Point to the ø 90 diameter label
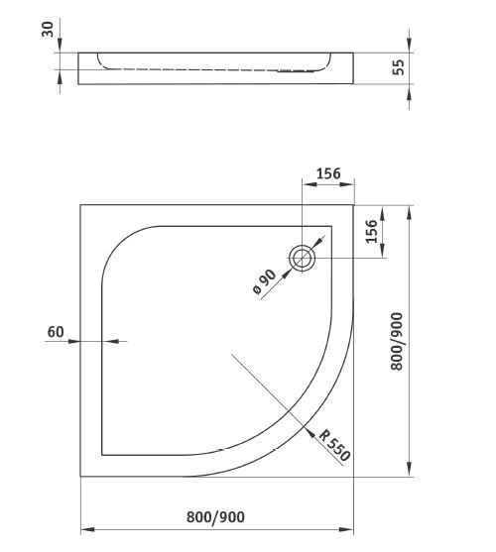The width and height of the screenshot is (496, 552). (x=265, y=282)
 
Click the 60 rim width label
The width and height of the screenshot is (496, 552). (x=56, y=331)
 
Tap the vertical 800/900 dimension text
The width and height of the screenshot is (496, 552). (x=398, y=341)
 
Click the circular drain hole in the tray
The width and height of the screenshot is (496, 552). (x=303, y=259)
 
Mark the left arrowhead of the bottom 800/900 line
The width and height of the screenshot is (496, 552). (x=85, y=526)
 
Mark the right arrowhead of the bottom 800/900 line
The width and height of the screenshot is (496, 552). (x=350, y=526)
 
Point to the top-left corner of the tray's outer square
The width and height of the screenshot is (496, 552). (x=80, y=206)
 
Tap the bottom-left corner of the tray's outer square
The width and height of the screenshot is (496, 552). (x=80, y=477)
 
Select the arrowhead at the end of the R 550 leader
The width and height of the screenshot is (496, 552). (x=310, y=429)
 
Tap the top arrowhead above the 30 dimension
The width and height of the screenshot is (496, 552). (x=60, y=47)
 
